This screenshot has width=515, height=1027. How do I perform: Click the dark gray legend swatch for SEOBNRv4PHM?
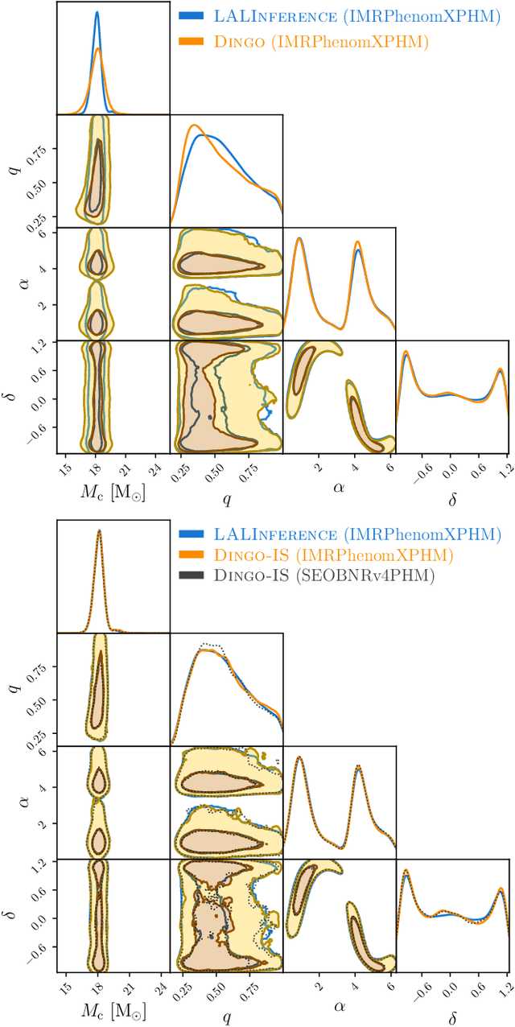(x=192, y=576)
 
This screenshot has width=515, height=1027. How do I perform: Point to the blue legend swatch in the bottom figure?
(x=192, y=534)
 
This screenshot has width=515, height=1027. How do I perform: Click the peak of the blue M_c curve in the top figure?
(x=97, y=12)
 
